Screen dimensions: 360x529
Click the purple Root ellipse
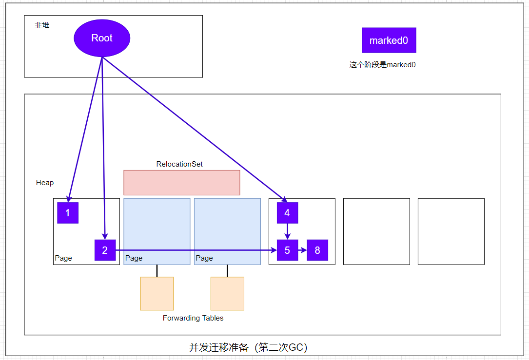[102, 38]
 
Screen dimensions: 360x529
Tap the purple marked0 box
[389, 40]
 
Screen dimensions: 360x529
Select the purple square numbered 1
[68, 213]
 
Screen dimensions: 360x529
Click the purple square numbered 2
[105, 250]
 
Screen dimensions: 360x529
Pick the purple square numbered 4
[287, 213]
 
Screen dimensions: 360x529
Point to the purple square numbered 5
[287, 250]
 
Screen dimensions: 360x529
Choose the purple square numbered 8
[317, 250]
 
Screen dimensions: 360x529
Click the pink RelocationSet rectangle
[181, 183]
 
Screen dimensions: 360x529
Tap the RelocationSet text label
[179, 164]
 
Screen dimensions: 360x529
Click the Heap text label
[45, 183]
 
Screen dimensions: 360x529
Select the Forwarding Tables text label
[193, 318]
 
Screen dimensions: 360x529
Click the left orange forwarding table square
[157, 293]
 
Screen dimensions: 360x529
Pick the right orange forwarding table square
[227, 293]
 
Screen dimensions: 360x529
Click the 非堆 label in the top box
[42, 25]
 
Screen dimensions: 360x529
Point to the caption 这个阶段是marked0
[382, 65]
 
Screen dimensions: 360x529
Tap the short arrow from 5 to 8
[302, 250]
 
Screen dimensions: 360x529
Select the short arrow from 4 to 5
[287, 231]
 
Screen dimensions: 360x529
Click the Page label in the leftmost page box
[63, 258]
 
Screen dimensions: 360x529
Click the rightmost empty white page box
[451, 231]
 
